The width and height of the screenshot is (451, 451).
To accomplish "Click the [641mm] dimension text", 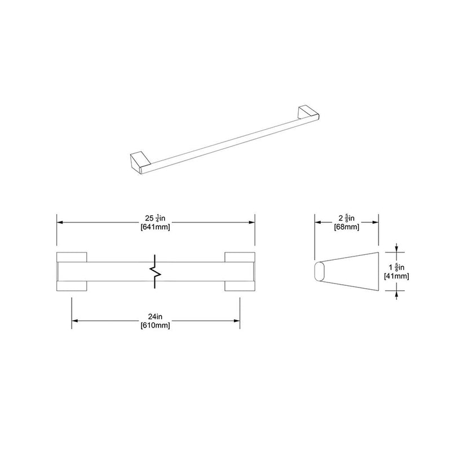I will point(155,227).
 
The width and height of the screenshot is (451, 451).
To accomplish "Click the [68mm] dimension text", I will point(346,227).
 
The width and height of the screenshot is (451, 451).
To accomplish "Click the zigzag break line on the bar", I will point(155,272).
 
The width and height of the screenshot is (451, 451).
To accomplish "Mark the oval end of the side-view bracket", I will point(319,272).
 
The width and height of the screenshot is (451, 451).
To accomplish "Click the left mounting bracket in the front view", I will point(72,272).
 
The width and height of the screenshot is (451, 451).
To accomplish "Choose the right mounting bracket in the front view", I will point(240,272).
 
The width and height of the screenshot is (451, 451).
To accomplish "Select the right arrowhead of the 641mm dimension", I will point(252,223).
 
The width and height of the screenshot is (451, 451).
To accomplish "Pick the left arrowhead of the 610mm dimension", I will point(75,321).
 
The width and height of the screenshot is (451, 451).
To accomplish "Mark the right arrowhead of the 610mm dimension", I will point(237,321).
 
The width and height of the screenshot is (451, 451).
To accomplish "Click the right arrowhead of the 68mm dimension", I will point(374,223).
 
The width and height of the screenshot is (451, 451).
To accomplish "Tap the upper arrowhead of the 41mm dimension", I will point(398,249).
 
